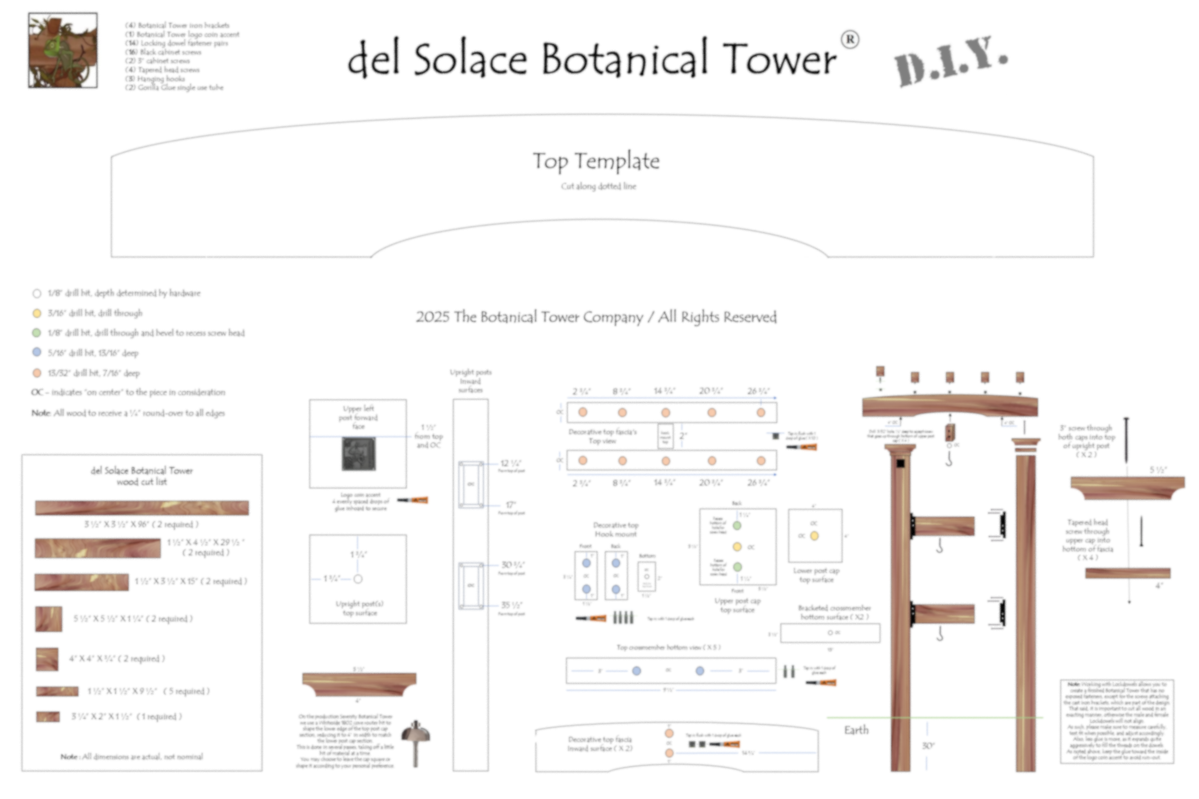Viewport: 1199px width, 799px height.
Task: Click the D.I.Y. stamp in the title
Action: click(x=950, y=61)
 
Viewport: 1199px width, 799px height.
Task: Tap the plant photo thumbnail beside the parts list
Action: click(x=63, y=50)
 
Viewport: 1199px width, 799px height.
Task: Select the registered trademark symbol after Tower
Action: click(x=850, y=40)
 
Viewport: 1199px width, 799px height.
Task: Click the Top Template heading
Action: click(x=596, y=161)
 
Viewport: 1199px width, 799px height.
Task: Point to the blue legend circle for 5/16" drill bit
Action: click(x=37, y=352)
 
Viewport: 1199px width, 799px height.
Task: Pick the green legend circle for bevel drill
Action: click(x=37, y=333)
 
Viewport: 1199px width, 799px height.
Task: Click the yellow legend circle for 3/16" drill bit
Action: click(x=37, y=313)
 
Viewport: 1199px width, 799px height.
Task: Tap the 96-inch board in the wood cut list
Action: click(x=142, y=508)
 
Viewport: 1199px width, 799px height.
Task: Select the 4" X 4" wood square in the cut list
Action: click(x=47, y=659)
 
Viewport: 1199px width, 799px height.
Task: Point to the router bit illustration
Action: click(x=416, y=742)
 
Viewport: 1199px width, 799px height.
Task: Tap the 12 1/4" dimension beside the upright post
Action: click(x=510, y=463)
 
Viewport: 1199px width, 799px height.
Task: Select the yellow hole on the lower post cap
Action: click(x=814, y=535)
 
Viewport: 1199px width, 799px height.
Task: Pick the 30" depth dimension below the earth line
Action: click(x=928, y=746)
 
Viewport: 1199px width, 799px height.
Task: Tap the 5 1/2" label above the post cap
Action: click(x=1158, y=470)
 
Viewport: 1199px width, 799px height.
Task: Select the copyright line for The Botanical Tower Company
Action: click(x=596, y=317)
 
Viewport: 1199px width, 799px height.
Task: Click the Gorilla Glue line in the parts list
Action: click(x=175, y=88)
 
